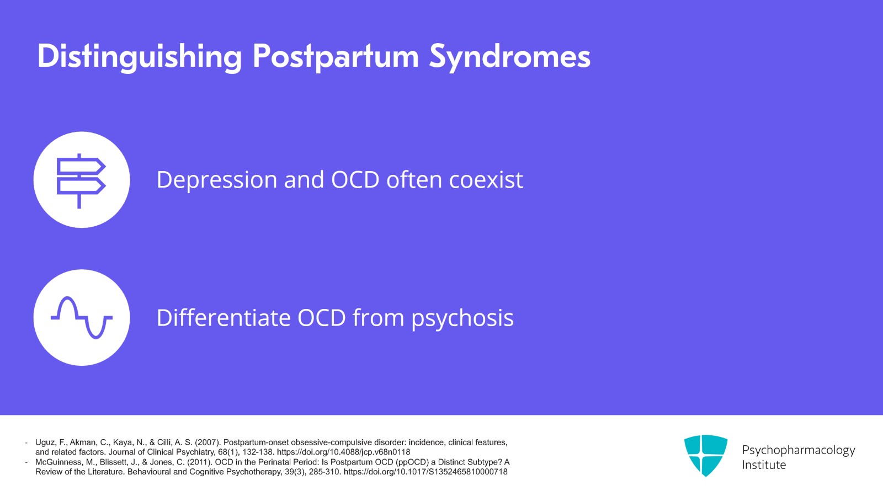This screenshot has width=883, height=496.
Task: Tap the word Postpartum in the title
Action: click(x=336, y=57)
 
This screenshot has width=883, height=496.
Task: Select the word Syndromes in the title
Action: click(x=509, y=57)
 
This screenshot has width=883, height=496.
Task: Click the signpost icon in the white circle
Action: click(x=81, y=180)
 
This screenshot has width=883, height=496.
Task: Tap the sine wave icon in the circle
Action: click(x=81, y=318)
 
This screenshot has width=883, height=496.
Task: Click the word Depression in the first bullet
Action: click(x=216, y=180)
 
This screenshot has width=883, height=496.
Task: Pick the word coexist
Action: click(x=486, y=180)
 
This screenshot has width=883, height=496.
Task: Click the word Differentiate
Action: click(x=224, y=318)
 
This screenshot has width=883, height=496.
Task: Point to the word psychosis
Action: click(x=462, y=318)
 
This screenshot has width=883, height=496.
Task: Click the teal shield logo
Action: click(x=705, y=455)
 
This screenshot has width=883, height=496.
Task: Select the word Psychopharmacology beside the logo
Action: click(x=798, y=450)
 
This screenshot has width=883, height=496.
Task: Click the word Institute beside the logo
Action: click(x=763, y=465)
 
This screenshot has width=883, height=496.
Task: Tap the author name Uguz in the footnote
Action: click(x=45, y=442)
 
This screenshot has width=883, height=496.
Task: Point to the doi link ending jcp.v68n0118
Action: click(x=343, y=452)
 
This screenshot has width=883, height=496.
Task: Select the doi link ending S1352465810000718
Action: click(x=425, y=472)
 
